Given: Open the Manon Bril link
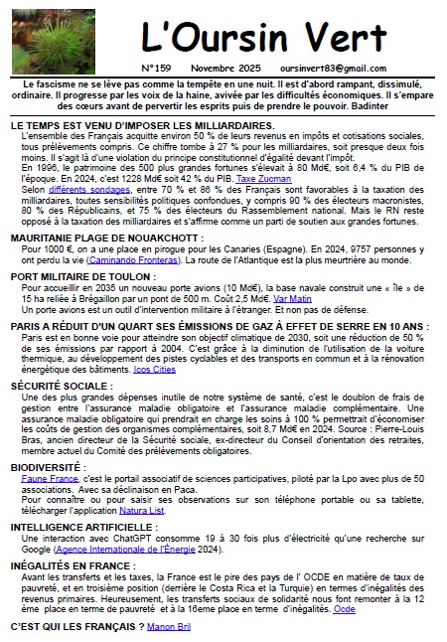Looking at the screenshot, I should click(x=171, y=627).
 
